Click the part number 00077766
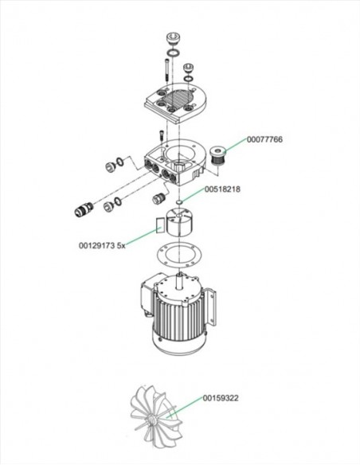[264, 139]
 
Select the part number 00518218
[223, 190]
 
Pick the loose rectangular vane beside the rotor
[158, 223]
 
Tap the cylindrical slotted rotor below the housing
[182, 219]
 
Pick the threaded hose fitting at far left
[82, 211]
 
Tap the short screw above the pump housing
[160, 135]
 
